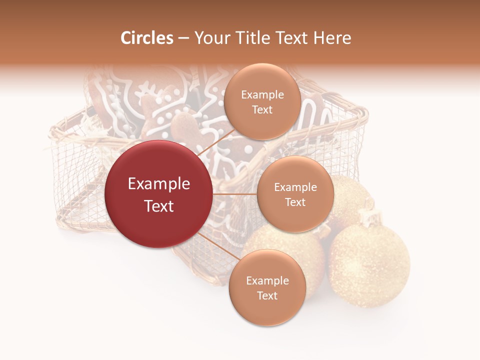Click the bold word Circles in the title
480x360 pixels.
pyautogui.click(x=147, y=38)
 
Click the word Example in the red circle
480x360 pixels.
pyautogui.click(x=159, y=184)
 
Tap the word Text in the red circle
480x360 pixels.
pyautogui.click(x=159, y=206)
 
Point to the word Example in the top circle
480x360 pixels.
pyautogui.click(x=262, y=95)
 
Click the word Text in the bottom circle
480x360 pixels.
pyautogui.click(x=267, y=295)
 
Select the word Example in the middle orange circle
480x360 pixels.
pyautogui.click(x=295, y=187)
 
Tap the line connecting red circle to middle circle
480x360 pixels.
pyautogui.click(x=235, y=194)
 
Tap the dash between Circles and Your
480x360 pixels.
pyautogui.click(x=183, y=38)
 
